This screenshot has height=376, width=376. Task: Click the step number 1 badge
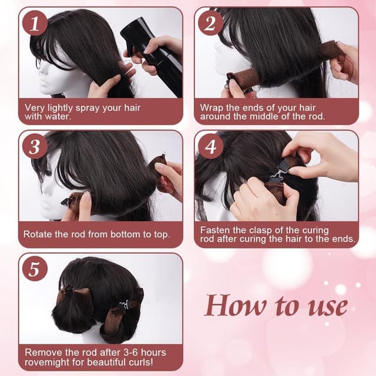(x=35, y=23)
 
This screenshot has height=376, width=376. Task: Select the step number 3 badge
(x=35, y=147)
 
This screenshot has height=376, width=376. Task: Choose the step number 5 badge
(x=35, y=270)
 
